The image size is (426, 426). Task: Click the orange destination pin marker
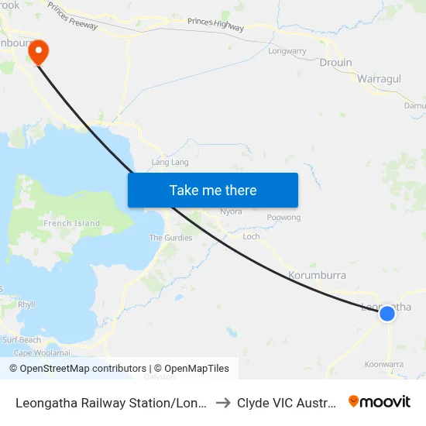pyautogui.click(x=37, y=51)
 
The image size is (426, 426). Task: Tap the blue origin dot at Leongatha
pyautogui.click(x=386, y=312)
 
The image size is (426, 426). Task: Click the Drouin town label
pyautogui.click(x=335, y=63)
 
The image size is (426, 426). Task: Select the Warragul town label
pyautogui.click(x=379, y=79)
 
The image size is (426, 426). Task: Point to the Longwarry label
pyautogui.click(x=287, y=51)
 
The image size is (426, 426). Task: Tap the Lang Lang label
pyautogui.click(x=170, y=163)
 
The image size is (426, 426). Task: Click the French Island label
pyautogui.click(x=72, y=224)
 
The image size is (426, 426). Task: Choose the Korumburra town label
pyautogui.click(x=317, y=275)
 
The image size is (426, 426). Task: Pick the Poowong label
pyautogui.click(x=283, y=218)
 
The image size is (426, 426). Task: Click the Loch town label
pyautogui.click(x=251, y=237)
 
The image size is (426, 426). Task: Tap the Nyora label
pyautogui.click(x=231, y=211)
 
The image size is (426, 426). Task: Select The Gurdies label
pyautogui.click(x=170, y=238)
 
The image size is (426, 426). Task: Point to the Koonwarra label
pyautogui.click(x=383, y=364)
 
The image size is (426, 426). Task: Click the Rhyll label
pyautogui.click(x=26, y=305)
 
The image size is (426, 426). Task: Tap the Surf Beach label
pyautogui.click(x=22, y=340)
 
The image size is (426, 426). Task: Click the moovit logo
pyautogui.click(x=380, y=401)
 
